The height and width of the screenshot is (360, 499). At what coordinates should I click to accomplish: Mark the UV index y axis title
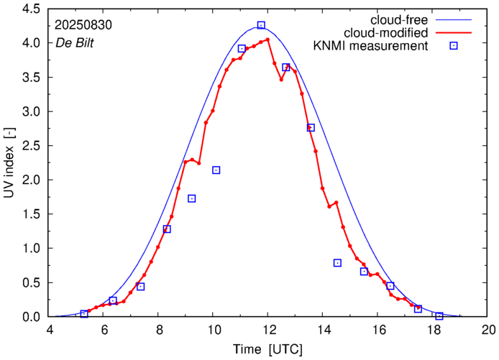click(9, 162)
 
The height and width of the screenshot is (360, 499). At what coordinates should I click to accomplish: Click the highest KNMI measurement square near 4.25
click(261, 25)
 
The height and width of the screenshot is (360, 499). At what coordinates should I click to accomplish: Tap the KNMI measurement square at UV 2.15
click(216, 170)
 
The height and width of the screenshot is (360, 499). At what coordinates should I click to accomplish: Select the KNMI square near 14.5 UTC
click(337, 263)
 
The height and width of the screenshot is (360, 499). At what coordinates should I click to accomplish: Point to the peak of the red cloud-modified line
click(267, 40)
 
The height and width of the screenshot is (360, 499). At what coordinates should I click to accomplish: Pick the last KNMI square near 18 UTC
click(439, 315)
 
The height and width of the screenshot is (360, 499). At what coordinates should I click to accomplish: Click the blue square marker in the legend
click(454, 47)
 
